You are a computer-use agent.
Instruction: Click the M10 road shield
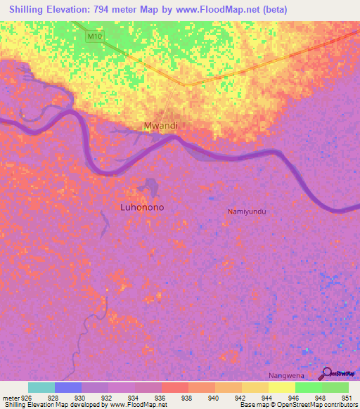pos(96,35)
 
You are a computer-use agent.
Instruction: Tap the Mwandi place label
pos(162,126)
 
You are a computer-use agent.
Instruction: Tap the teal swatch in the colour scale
pos(41,387)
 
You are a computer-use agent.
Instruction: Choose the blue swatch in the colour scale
pos(68,387)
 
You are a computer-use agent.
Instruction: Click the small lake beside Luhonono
pos(148,188)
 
